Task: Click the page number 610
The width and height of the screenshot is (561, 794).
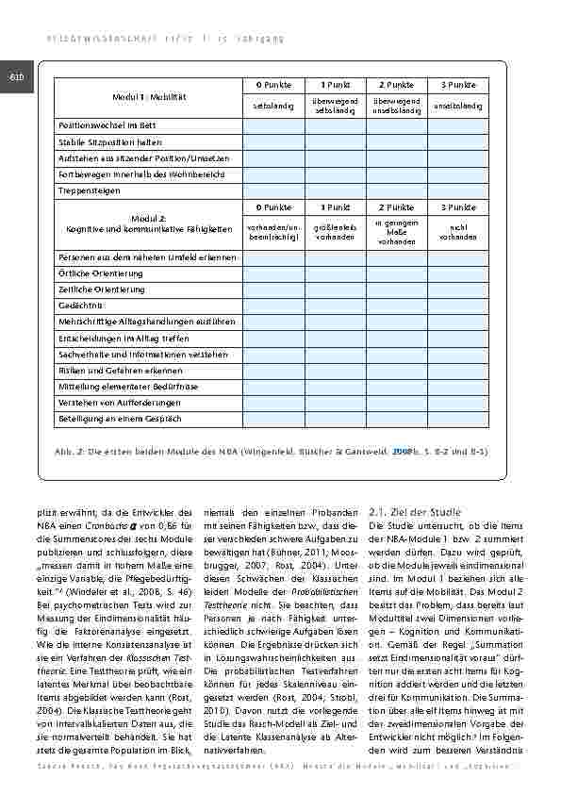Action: point(15,76)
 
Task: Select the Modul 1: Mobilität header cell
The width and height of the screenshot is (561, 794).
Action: point(149,98)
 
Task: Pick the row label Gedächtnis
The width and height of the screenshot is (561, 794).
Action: point(80,306)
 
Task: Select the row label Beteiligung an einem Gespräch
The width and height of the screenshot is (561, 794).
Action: point(120,419)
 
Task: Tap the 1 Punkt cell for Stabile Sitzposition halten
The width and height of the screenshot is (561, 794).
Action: point(335,141)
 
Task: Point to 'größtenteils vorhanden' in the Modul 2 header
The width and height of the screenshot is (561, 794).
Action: point(335,231)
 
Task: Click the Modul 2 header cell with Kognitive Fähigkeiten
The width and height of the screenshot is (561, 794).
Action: point(149,223)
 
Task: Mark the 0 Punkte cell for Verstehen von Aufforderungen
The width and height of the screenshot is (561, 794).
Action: point(273,403)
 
